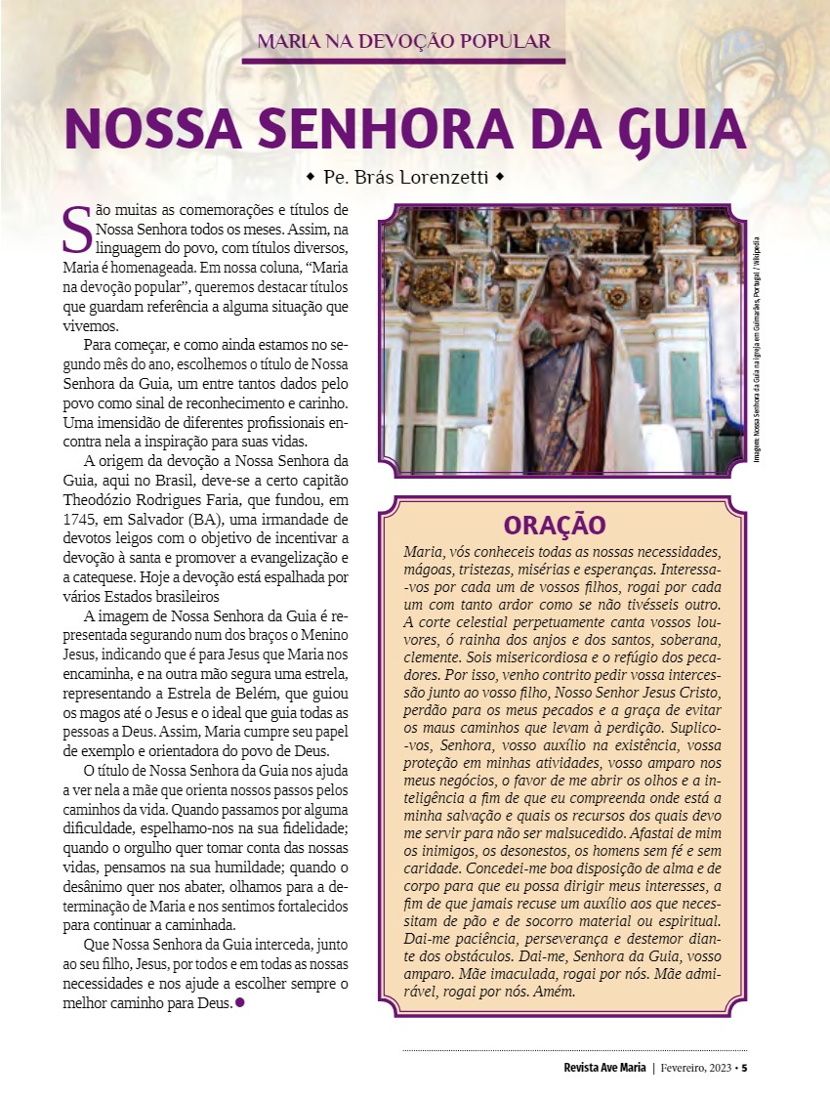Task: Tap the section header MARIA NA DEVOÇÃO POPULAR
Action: tap(403, 41)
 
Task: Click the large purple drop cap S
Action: tap(74, 228)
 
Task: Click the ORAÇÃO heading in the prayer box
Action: tap(555, 526)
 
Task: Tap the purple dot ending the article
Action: tap(240, 1003)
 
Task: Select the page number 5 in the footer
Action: tap(744, 1067)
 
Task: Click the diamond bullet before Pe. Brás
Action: tap(311, 178)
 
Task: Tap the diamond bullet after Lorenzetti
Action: tap(499, 178)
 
